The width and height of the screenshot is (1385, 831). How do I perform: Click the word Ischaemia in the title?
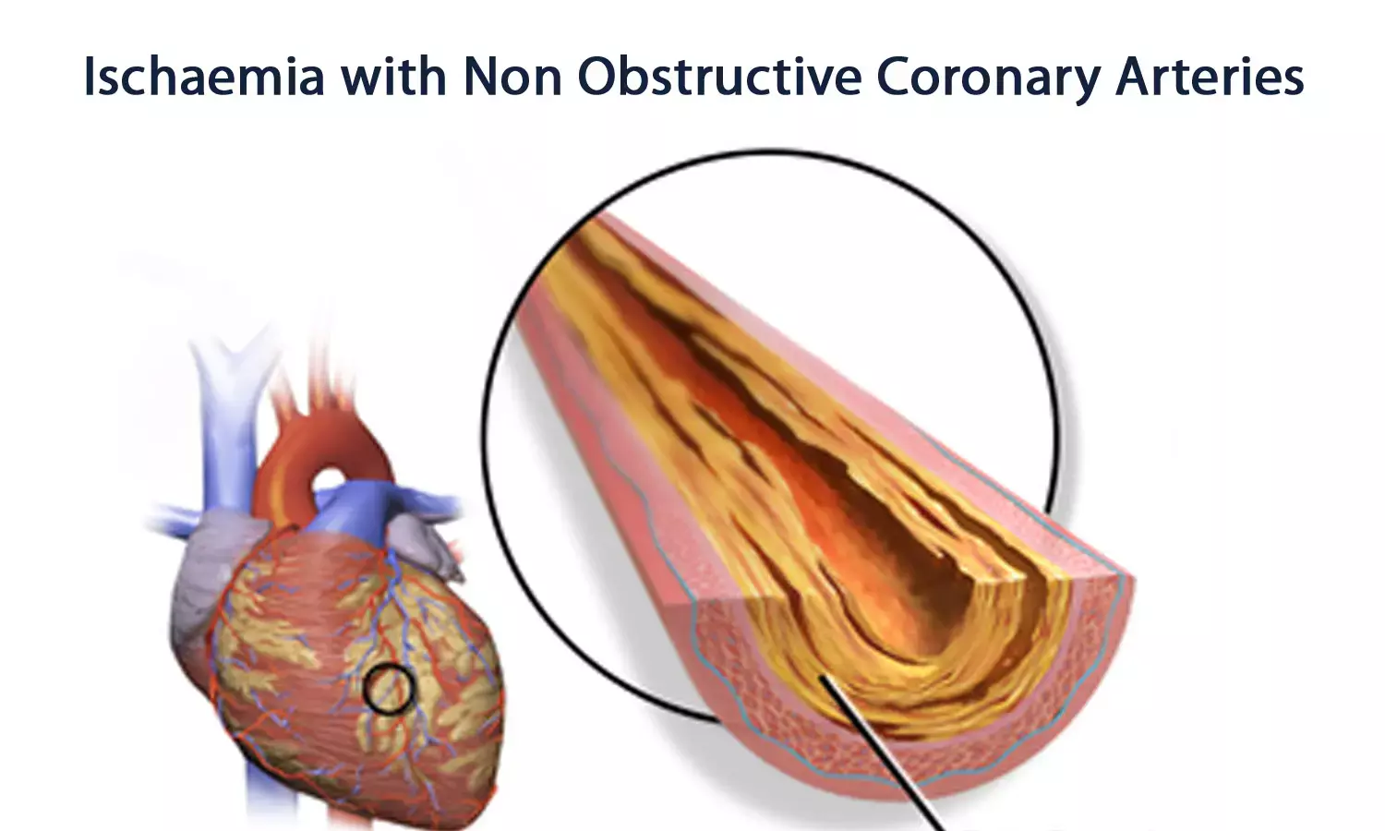tap(204, 78)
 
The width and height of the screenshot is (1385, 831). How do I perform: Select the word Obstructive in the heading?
tap(719, 78)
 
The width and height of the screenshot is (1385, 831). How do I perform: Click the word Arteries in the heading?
tap(1210, 78)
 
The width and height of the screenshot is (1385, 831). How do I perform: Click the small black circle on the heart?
tap(388, 690)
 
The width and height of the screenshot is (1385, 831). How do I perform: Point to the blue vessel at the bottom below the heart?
tap(259, 798)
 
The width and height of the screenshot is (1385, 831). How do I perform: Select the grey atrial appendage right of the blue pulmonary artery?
tap(427, 544)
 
